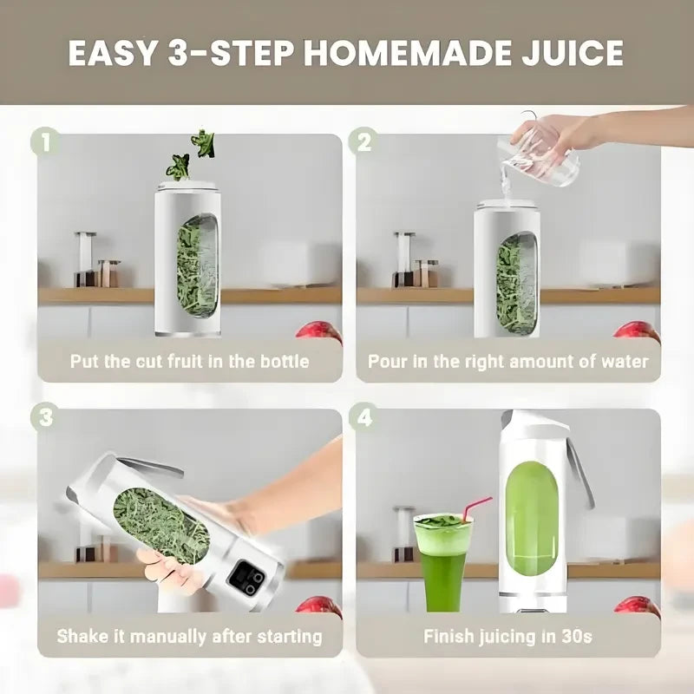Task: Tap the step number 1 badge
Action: coord(46,142)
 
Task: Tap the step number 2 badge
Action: coord(363,142)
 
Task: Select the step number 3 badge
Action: coord(46,417)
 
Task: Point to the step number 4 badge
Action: coord(363,417)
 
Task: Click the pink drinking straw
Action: coord(475,508)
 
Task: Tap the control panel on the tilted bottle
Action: coord(246,578)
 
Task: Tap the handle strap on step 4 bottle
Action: coord(579,474)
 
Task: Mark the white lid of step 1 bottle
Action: coord(187,187)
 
